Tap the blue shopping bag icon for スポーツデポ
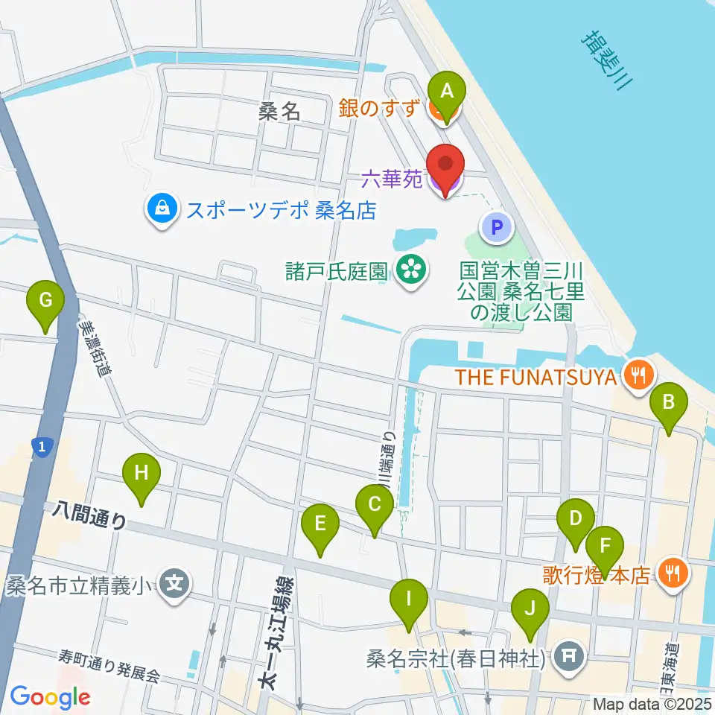click(x=162, y=210)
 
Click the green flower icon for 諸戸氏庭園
click(x=410, y=269)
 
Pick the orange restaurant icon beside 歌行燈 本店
click(x=674, y=573)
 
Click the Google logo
click(x=49, y=697)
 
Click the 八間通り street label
click(x=89, y=515)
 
